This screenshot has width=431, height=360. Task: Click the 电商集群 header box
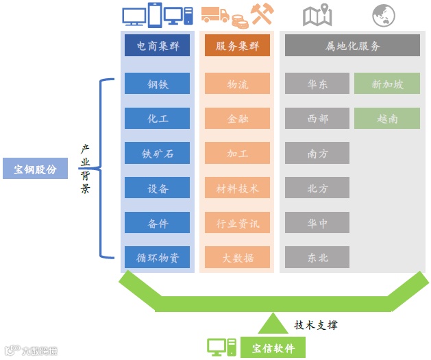pyautogui.click(x=157, y=46)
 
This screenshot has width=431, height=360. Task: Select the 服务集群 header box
pyautogui.click(x=237, y=46)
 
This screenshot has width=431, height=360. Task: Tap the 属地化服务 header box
pyautogui.click(x=352, y=46)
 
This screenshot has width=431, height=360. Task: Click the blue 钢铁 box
pyautogui.click(x=157, y=84)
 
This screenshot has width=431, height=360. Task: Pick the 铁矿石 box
pyautogui.click(x=157, y=153)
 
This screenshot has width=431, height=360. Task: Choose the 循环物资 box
pyautogui.click(x=157, y=257)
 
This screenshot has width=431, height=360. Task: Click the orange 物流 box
pyautogui.click(x=237, y=84)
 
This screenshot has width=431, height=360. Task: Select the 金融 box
pyautogui.click(x=237, y=118)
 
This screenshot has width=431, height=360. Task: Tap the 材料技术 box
pyautogui.click(x=237, y=187)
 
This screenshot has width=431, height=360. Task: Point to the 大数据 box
pyautogui.click(x=237, y=257)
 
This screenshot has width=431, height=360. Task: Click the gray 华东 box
pyautogui.click(x=317, y=84)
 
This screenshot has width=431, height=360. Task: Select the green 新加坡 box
pyautogui.click(x=386, y=84)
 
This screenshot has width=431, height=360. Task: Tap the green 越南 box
pyautogui.click(x=386, y=118)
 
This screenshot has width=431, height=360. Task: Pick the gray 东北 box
pyautogui.click(x=317, y=257)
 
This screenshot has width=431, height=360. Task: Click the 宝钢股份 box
pyautogui.click(x=35, y=168)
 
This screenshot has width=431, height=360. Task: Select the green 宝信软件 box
pyautogui.click(x=273, y=348)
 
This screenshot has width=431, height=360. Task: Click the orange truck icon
pyautogui.click(x=214, y=15)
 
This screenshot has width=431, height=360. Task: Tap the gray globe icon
pyautogui.click(x=384, y=15)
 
